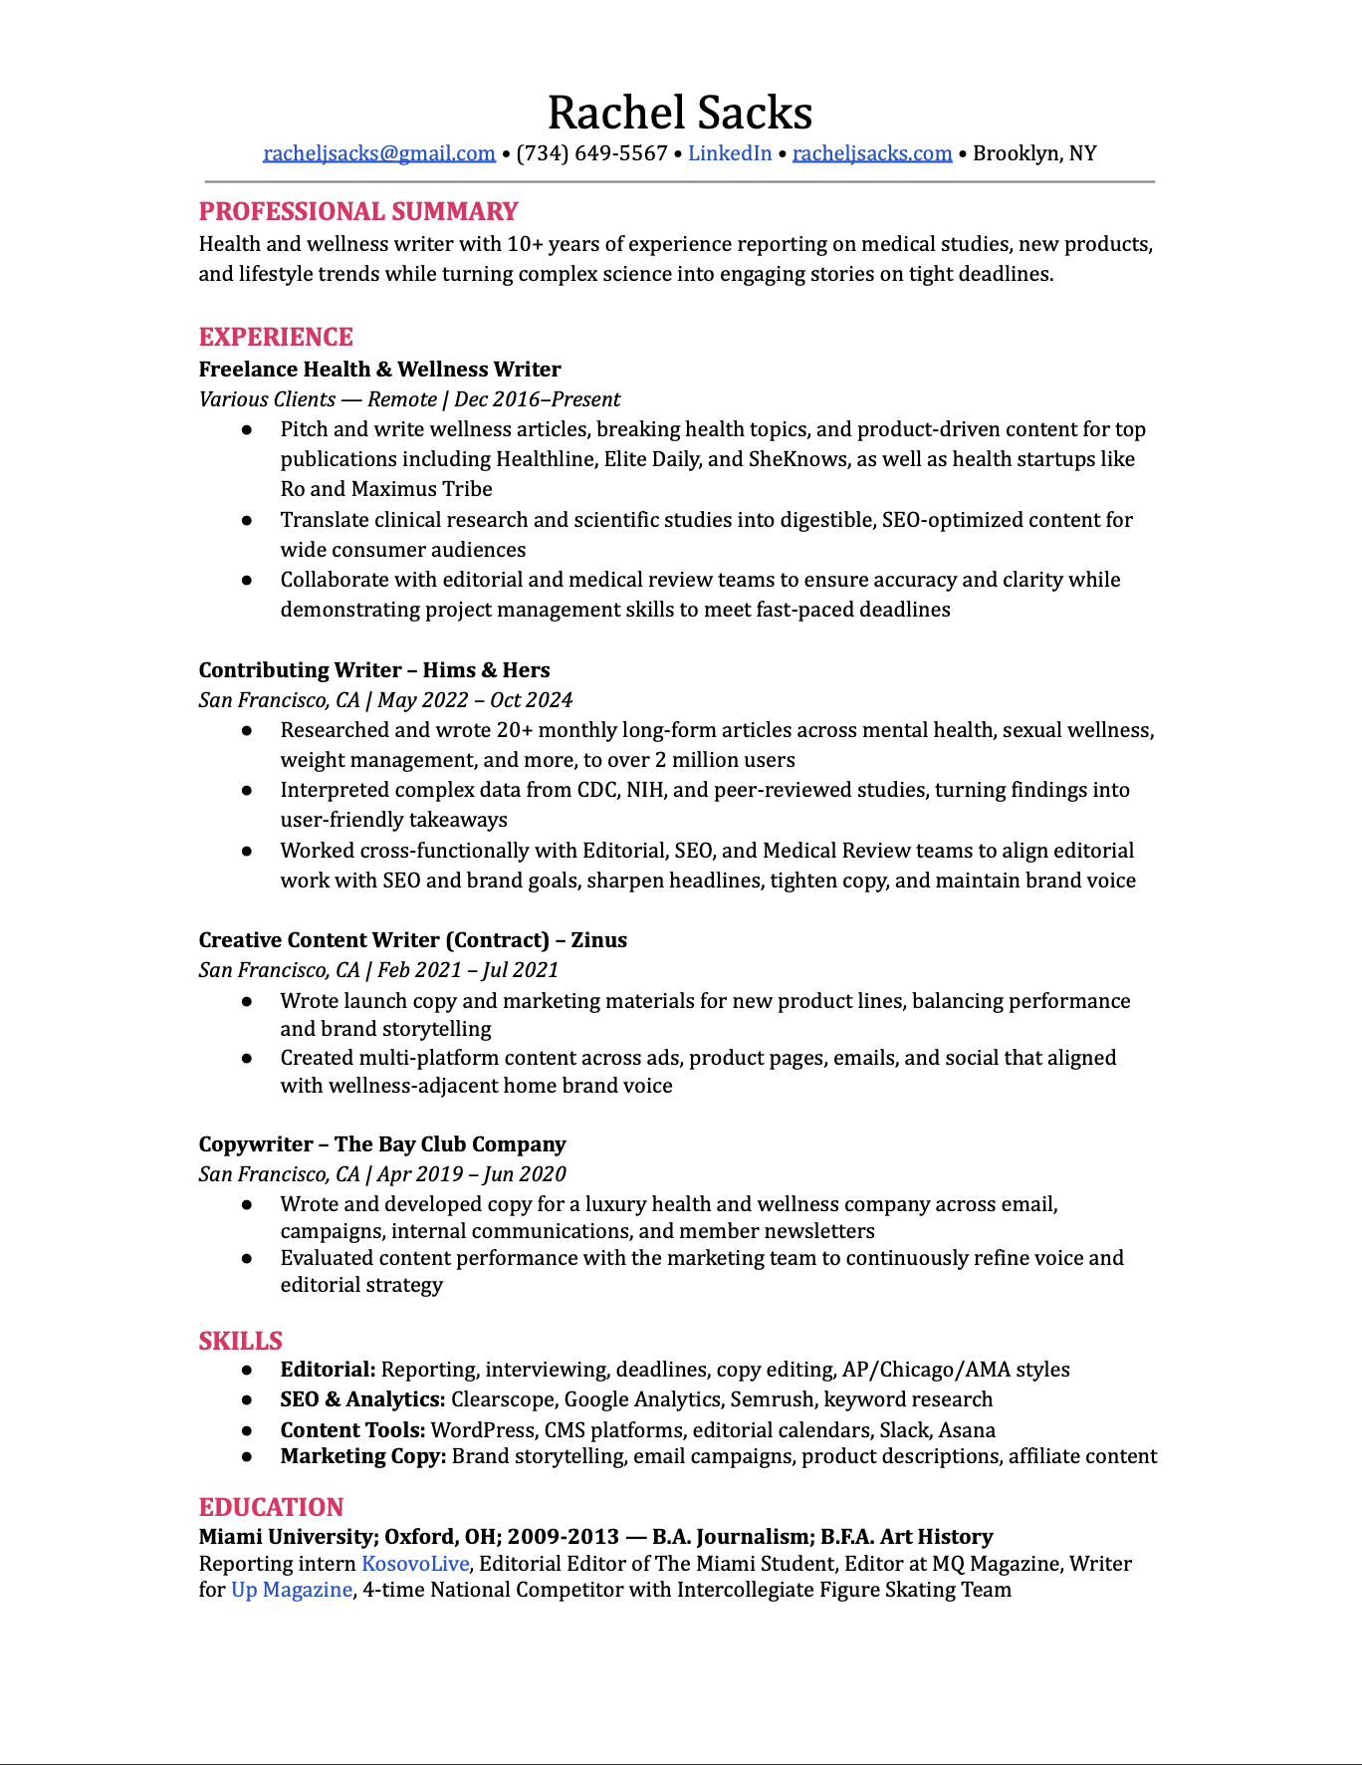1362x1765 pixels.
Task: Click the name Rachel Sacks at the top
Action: point(680,113)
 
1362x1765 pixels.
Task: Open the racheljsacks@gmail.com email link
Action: point(379,153)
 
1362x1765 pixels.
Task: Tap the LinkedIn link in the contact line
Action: point(730,153)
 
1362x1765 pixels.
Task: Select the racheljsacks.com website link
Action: point(872,153)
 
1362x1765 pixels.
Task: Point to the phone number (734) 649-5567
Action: point(591,153)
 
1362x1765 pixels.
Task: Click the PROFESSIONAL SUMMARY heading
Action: point(358,211)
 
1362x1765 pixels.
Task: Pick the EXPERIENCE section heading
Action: point(276,337)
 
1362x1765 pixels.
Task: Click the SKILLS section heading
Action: point(240,1341)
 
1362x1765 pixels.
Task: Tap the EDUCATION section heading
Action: point(271,1507)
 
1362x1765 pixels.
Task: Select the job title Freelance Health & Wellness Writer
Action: point(379,370)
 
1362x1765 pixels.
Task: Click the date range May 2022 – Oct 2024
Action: point(475,700)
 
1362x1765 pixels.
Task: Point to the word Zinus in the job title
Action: point(598,940)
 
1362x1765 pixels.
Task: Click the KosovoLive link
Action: point(414,1564)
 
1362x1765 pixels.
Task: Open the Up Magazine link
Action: point(292,1590)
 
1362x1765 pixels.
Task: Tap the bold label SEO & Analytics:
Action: point(362,1399)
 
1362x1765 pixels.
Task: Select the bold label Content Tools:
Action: point(352,1430)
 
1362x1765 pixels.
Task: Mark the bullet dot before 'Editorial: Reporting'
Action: point(247,1371)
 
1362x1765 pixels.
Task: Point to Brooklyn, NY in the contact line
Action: point(1034,153)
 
